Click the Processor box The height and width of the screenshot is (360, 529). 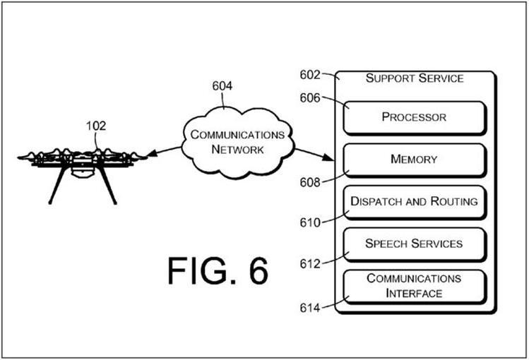(x=414, y=117)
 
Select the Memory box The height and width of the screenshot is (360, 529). (x=414, y=160)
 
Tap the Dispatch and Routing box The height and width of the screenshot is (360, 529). (x=414, y=202)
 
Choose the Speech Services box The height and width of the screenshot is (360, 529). (x=414, y=244)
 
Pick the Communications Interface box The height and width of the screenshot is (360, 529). (x=414, y=286)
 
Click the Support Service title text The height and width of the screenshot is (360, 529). (x=414, y=78)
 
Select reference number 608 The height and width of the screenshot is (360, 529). (x=309, y=182)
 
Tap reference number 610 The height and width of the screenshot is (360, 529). (x=309, y=222)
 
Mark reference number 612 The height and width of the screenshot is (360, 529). (x=309, y=263)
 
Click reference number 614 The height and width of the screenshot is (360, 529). (x=309, y=307)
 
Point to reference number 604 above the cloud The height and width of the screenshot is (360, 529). (x=222, y=87)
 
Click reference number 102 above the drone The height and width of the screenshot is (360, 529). (x=96, y=126)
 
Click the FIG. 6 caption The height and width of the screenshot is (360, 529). (x=218, y=271)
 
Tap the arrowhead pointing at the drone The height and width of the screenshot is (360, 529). (x=150, y=152)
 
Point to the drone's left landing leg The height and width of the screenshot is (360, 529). (x=54, y=188)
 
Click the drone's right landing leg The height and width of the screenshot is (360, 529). (x=109, y=186)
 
